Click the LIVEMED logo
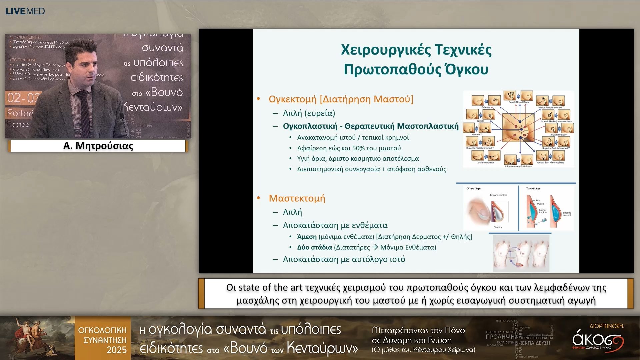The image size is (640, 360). tap(25, 11)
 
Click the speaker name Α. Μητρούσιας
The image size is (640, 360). tap(98, 146)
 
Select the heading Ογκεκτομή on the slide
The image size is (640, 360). tap(292, 99)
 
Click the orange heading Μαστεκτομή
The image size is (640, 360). tap(297, 198)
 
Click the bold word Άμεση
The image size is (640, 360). tap(307, 237)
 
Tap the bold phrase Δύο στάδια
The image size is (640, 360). tap(314, 247)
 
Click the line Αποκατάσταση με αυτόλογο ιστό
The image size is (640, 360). tap(344, 259)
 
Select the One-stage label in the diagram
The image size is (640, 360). tap(473, 188)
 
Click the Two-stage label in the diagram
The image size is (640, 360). tap(533, 188)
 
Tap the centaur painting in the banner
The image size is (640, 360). tap(37, 337)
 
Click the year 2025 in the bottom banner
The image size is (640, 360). tap(116, 350)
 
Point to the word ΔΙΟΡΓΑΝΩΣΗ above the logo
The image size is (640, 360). tap(606, 326)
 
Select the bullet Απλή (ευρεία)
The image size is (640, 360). tap(309, 113)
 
